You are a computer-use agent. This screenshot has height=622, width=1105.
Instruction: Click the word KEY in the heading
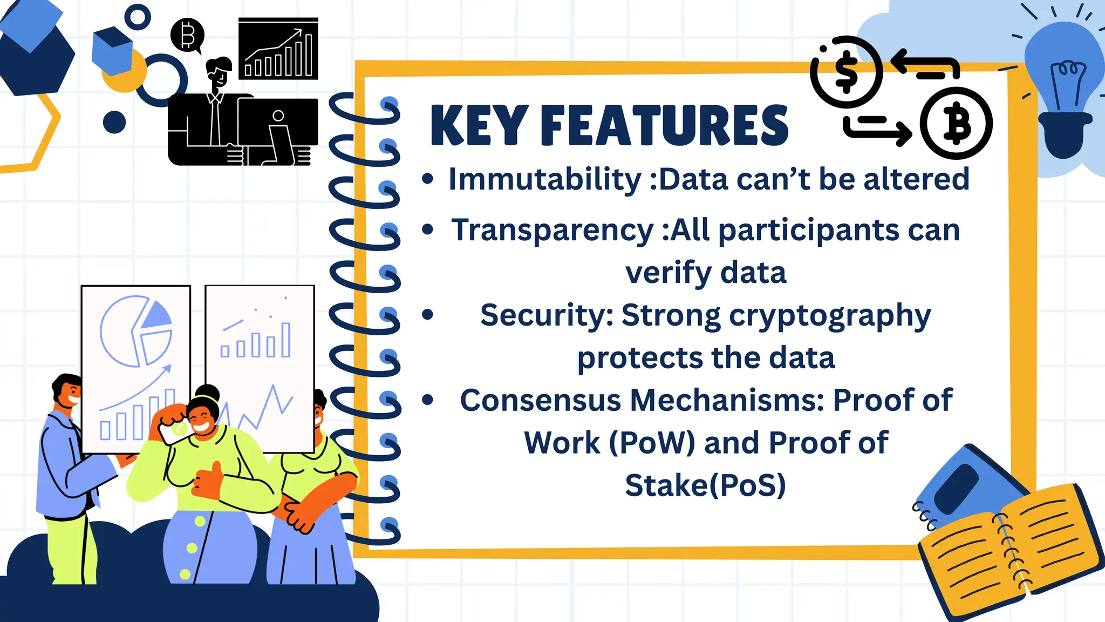[479, 126]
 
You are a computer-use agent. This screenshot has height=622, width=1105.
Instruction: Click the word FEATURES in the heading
[664, 126]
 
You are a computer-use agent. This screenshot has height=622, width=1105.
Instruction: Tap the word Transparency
[552, 230]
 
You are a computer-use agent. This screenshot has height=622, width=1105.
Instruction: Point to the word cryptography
[826, 316]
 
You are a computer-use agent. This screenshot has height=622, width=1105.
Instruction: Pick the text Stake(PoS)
[705, 485]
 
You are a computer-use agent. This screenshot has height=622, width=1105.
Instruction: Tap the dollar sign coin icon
[846, 72]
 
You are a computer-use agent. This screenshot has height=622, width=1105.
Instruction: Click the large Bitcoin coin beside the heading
[956, 123]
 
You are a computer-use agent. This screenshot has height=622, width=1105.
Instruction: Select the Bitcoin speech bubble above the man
[187, 35]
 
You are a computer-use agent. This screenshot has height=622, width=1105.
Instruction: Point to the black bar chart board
[278, 50]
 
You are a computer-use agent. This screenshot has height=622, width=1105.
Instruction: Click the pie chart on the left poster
[136, 331]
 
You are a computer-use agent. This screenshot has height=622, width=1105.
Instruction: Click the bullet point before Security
[428, 315]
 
